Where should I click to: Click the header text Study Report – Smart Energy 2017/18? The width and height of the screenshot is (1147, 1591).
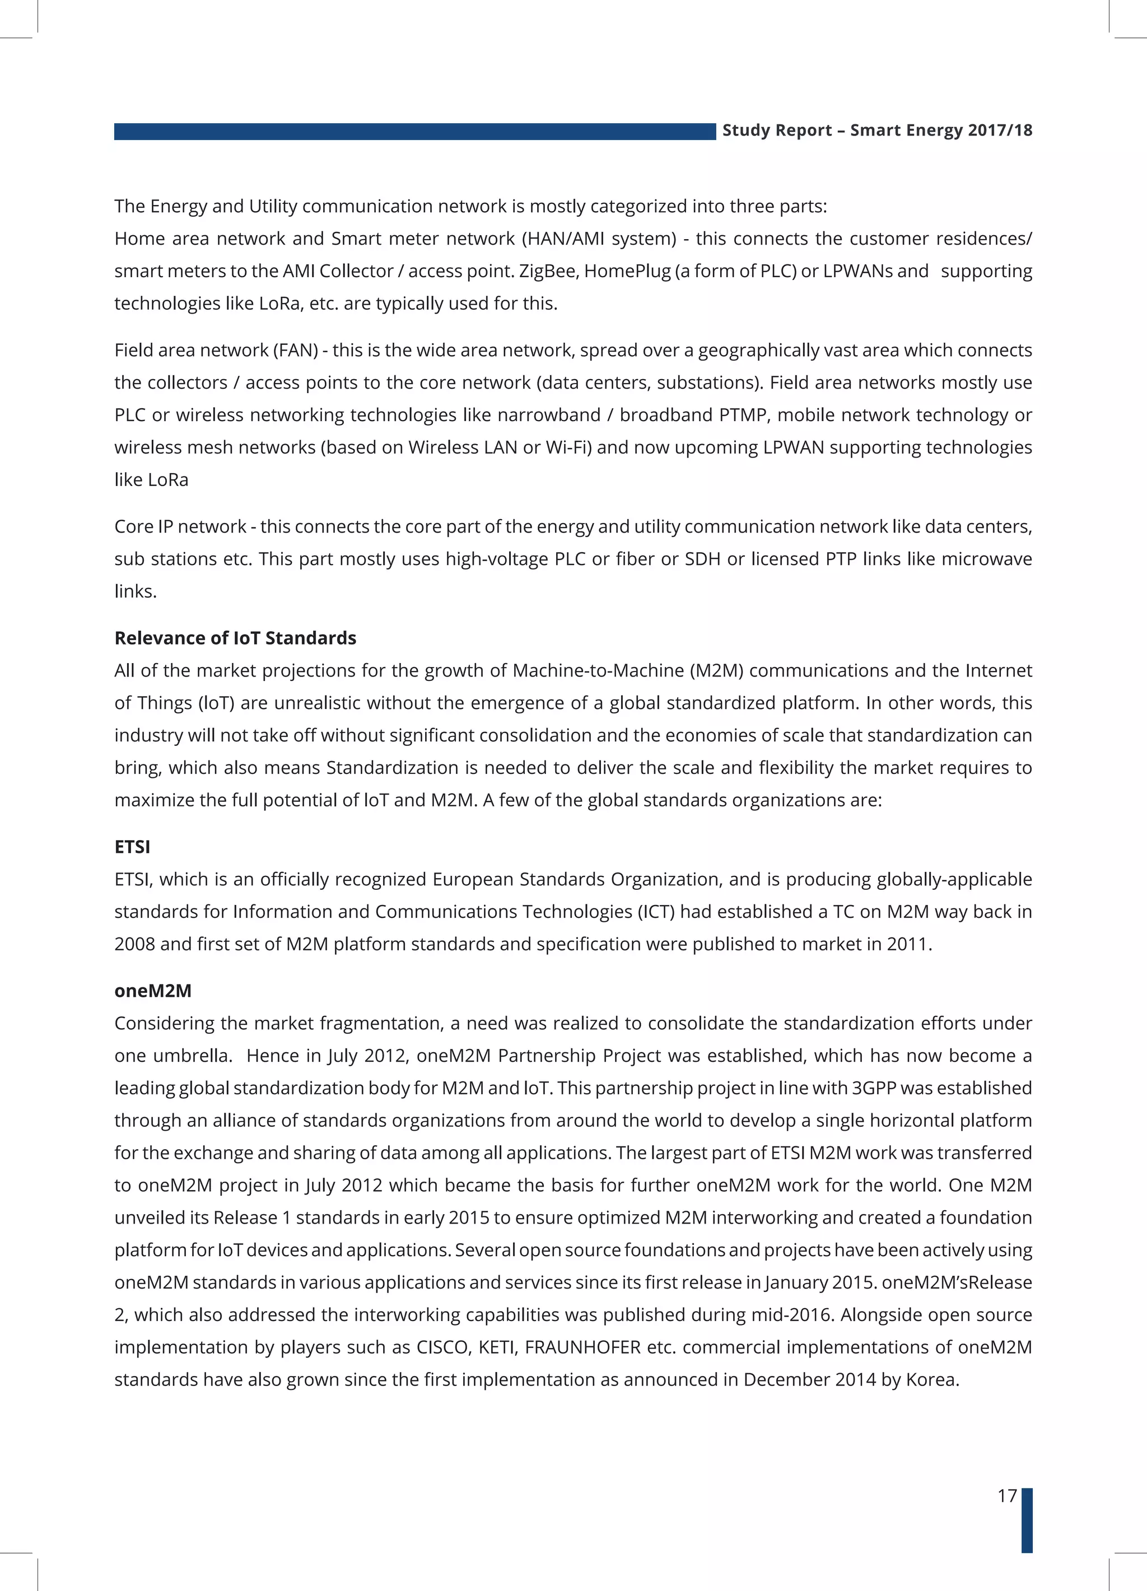point(877,130)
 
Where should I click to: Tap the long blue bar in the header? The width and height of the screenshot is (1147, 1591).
point(414,131)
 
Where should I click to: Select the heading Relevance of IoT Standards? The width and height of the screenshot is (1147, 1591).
point(235,638)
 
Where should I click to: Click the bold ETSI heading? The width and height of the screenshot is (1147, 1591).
point(132,847)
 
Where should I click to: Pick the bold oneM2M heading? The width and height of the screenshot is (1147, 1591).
point(153,991)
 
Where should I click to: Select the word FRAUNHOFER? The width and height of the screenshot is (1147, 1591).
point(582,1347)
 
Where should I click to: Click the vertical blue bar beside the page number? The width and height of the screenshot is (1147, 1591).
point(1027,1519)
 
